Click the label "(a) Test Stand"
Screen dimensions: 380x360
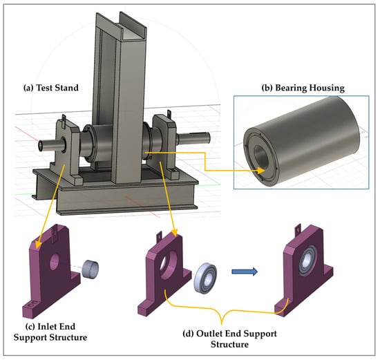tap(51, 88)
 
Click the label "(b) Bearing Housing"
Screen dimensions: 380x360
tap(303, 88)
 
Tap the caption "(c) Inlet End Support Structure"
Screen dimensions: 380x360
tap(50, 332)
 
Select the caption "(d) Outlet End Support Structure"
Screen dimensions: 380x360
tap(229, 339)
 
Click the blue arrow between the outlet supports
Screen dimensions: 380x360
tap(245, 272)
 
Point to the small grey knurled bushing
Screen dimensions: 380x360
tap(90, 269)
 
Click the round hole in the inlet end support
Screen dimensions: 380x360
tap(55, 262)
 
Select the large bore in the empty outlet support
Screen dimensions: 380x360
tap(168, 264)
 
